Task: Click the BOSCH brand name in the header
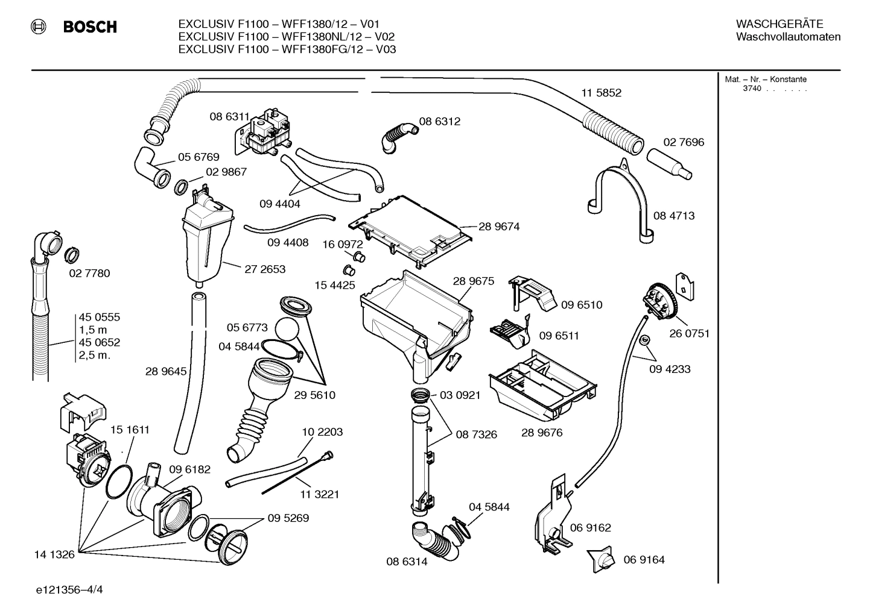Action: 89,27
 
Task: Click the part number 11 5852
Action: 601,93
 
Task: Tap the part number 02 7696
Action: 684,142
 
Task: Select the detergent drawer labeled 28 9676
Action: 543,386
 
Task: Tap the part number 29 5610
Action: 314,395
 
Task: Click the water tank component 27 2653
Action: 207,241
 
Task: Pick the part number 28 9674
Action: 499,227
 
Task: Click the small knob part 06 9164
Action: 601,559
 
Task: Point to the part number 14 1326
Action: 55,554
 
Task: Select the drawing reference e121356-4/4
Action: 69,590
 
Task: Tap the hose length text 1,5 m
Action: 92,330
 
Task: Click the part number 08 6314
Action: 407,562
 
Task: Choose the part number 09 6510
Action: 582,305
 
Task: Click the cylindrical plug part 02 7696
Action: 668,163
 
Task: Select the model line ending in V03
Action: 287,49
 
